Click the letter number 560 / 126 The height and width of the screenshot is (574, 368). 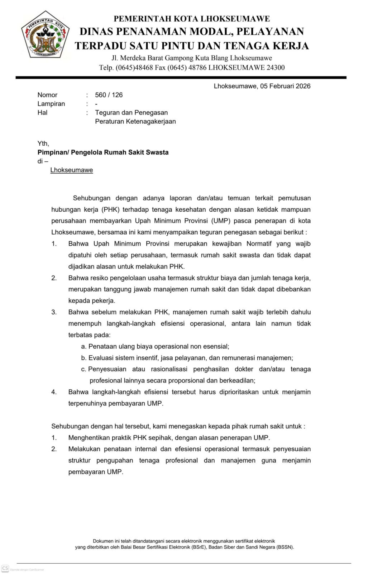tap(109, 95)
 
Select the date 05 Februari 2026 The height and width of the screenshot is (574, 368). tap(285, 86)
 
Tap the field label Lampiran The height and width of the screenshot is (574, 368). tap(51, 104)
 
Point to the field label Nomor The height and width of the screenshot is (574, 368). tap(47, 95)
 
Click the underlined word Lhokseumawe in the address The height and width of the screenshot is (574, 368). tap(72, 170)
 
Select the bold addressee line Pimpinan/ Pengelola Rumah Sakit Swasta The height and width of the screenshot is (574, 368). tap(103, 152)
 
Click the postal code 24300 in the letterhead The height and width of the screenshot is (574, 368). tap(276, 67)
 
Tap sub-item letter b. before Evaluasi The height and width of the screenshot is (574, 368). tap(84, 358)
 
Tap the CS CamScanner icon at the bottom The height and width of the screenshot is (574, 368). tap(5, 568)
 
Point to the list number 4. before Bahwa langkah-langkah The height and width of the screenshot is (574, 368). tap(54, 392)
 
